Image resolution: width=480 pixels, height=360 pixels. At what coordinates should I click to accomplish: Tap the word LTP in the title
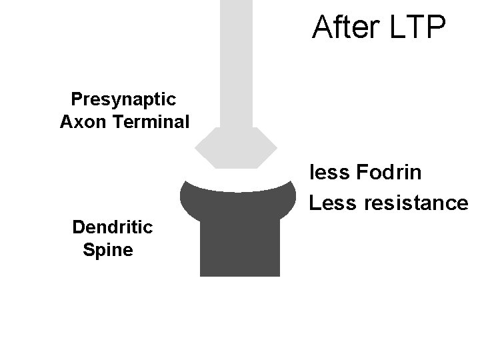(x=418, y=27)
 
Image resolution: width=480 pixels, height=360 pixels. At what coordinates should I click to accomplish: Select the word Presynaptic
(x=123, y=100)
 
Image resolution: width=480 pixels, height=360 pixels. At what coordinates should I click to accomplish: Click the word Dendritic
(x=113, y=227)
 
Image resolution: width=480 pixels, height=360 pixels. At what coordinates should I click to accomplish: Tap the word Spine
(x=107, y=250)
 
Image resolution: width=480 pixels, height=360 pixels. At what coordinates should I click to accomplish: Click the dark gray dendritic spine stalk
(x=240, y=247)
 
